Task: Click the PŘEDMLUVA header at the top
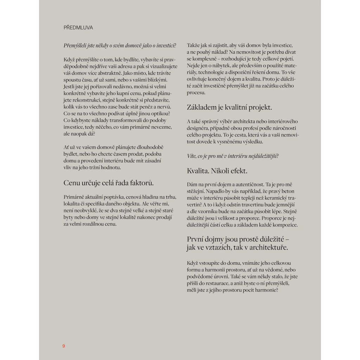click(78, 27)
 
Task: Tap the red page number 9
click(64, 346)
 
